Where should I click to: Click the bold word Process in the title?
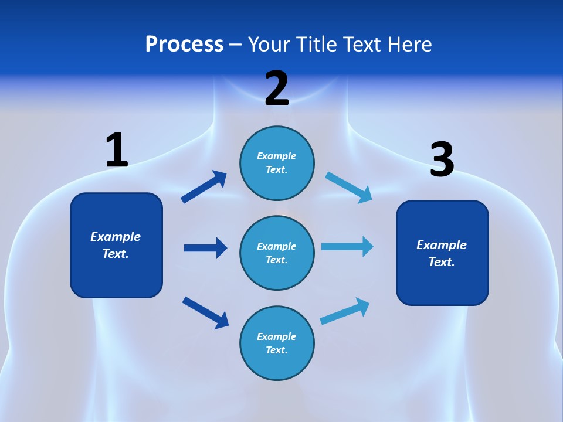click(x=184, y=45)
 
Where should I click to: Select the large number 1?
click(x=117, y=150)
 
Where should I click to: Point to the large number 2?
click(x=277, y=89)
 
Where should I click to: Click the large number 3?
click(x=442, y=159)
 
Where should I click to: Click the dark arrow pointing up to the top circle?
click(x=204, y=187)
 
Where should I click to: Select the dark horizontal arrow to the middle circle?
click(x=205, y=248)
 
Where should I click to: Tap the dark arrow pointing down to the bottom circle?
click(x=205, y=312)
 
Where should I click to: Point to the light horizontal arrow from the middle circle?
click(x=347, y=247)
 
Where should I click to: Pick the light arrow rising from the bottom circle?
click(x=345, y=311)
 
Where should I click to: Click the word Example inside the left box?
click(x=116, y=236)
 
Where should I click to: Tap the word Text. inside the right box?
click(x=442, y=262)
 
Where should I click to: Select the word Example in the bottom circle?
click(x=277, y=336)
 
